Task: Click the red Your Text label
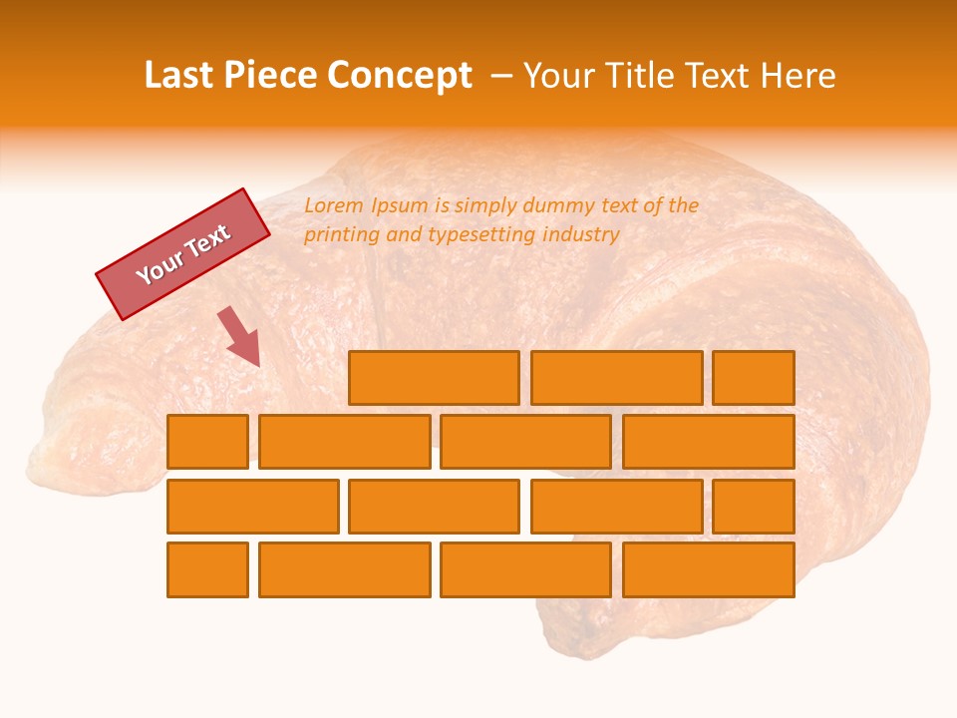click(x=183, y=254)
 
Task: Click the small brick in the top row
click(x=754, y=378)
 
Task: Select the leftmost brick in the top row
click(x=434, y=378)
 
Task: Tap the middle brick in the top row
click(x=616, y=378)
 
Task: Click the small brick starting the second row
click(x=207, y=442)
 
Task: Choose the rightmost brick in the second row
click(x=709, y=442)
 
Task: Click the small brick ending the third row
click(x=754, y=507)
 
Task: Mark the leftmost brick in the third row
click(x=252, y=507)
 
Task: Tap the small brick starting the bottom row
click(x=207, y=570)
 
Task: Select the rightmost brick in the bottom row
click(x=709, y=570)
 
